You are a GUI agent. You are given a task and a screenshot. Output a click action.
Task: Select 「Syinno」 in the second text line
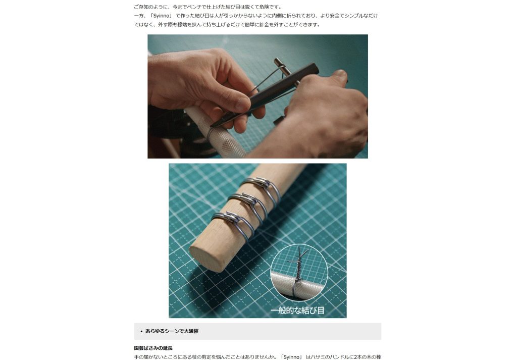(162, 16)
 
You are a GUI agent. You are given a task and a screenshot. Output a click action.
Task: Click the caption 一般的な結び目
(297, 310)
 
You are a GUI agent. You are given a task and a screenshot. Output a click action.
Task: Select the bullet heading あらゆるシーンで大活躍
(172, 331)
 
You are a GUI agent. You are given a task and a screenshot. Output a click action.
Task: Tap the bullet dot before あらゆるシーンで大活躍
(141, 331)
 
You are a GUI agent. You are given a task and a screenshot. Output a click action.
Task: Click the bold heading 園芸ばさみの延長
(153, 348)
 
